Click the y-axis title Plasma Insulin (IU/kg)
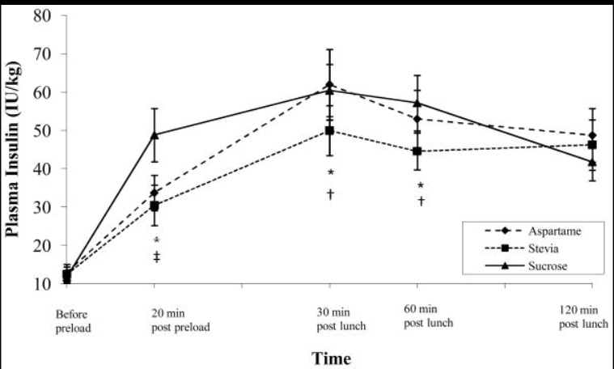tap(15, 151)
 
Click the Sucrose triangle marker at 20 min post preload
tap(155, 134)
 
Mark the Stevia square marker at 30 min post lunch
tap(329, 130)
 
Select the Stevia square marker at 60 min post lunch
tap(417, 151)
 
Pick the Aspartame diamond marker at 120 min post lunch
tap(592, 136)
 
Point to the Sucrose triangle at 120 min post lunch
tap(592, 163)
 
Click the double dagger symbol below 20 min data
tap(156, 257)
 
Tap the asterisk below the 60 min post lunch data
tap(421, 186)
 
